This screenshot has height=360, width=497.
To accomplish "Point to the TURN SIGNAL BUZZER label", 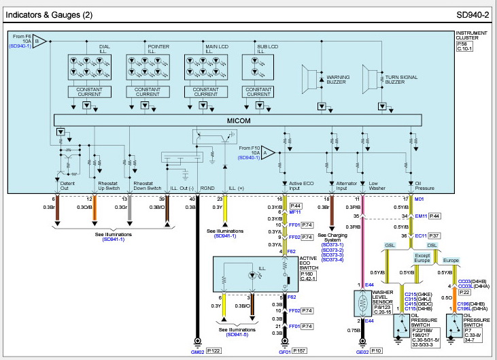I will click(400, 78).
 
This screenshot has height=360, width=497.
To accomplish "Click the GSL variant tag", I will click(390, 244).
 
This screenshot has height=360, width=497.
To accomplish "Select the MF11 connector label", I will click(294, 212).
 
